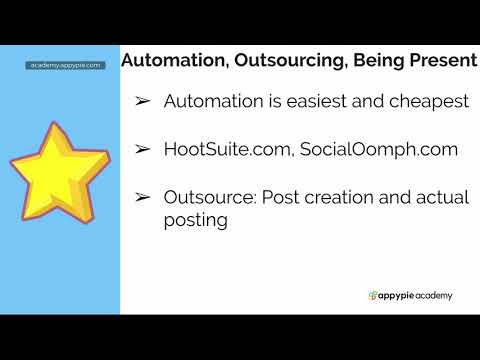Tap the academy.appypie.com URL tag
[65, 65]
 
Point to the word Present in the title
[441, 61]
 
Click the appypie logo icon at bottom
[374, 295]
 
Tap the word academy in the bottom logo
[434, 295]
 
